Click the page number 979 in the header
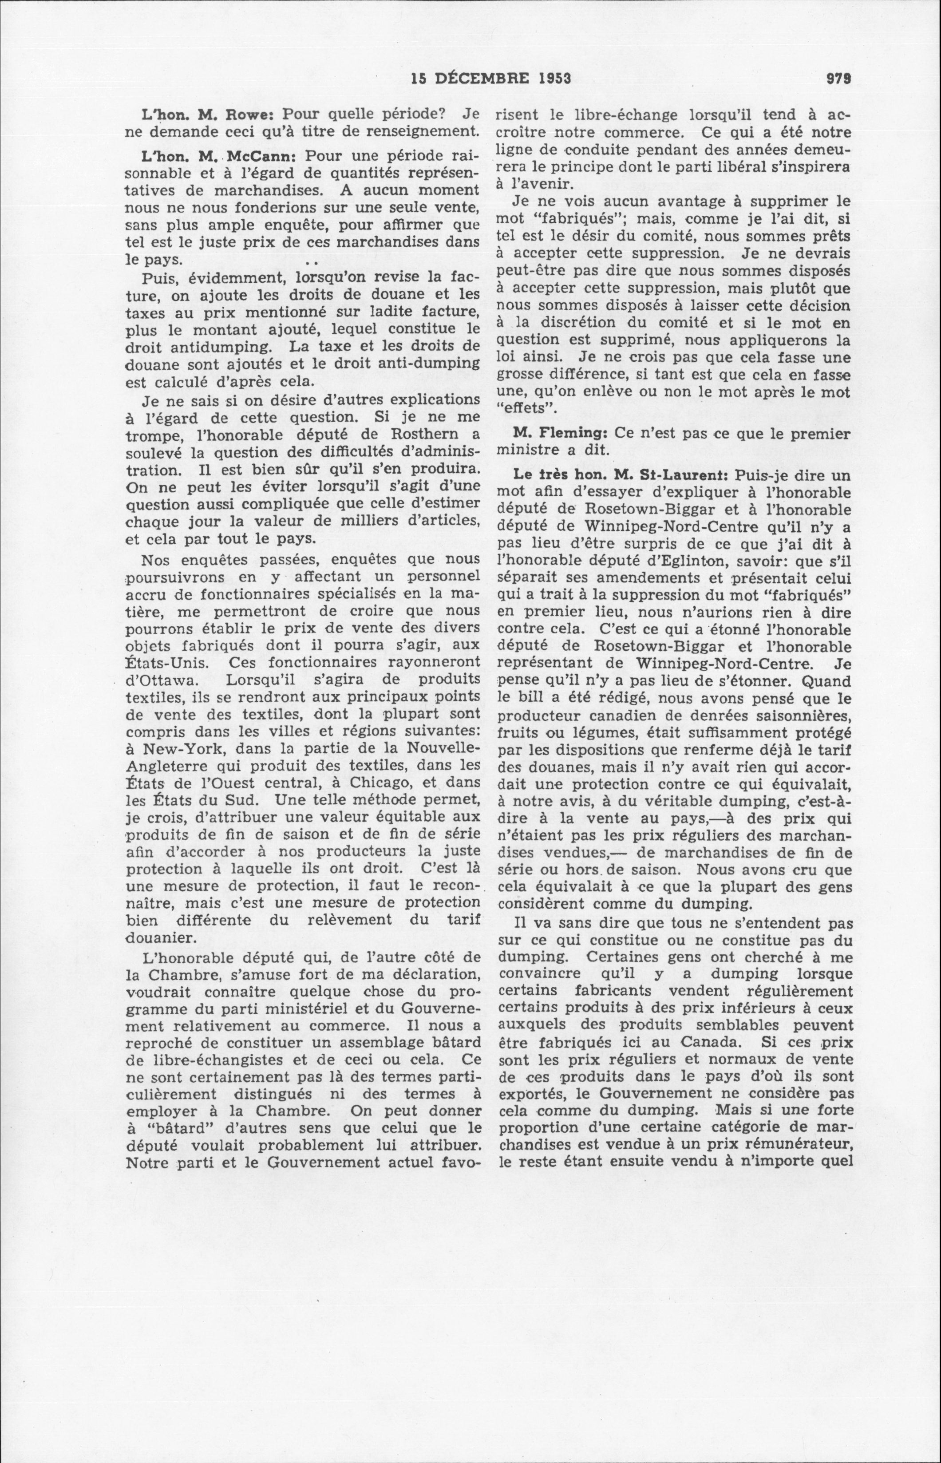point(839,78)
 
